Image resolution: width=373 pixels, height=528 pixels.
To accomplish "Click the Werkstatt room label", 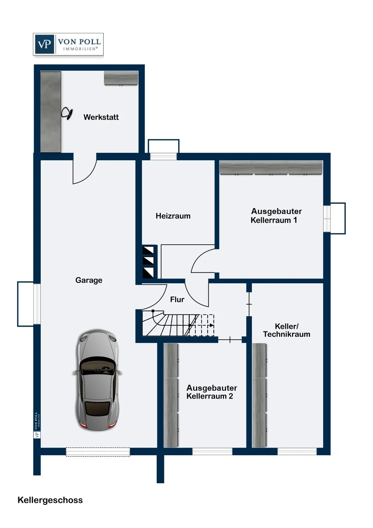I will coord(101,117).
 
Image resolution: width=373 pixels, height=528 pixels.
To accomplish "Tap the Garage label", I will coord(89,280).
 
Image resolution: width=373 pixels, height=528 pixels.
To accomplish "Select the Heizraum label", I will coord(173,216).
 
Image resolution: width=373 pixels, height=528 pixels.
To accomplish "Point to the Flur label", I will coord(177,300).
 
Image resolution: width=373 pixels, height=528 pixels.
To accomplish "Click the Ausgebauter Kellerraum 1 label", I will coord(276,216).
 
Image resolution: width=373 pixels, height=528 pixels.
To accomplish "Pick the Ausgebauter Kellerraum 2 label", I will coord(211,392).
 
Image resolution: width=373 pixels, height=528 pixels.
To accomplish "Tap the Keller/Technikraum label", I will coord(286,330).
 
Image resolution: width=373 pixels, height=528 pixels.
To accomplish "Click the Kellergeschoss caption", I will coord(50,500).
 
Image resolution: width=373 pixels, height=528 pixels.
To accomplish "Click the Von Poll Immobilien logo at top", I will coord(68,44).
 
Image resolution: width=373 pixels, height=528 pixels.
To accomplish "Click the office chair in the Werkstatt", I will coord(67,113).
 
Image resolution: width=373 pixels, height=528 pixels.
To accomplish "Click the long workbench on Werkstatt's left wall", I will coord(51,112).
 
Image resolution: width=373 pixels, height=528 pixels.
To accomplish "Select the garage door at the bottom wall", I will coord(98,452).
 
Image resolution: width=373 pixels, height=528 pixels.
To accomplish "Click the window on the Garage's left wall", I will coord(36,304).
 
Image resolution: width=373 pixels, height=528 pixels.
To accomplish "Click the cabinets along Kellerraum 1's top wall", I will coord(271,168).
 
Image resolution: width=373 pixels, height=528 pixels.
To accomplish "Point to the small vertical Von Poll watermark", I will coord(36,425).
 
